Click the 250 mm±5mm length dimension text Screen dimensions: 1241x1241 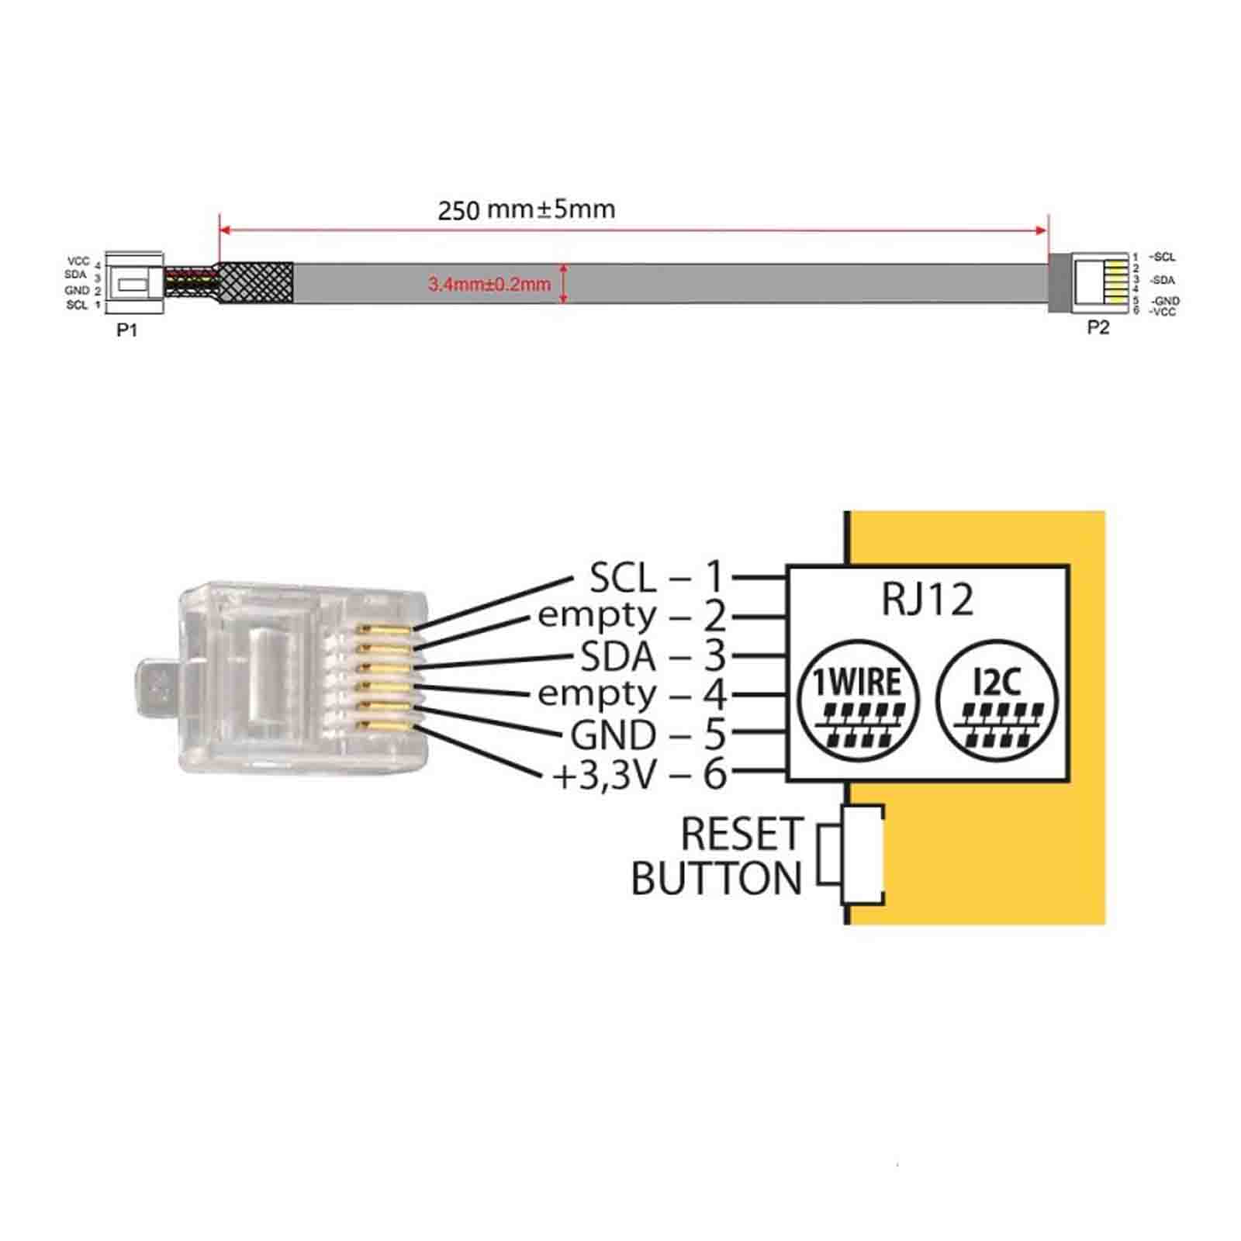click(527, 209)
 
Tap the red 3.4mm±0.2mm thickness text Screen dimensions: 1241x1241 click(489, 284)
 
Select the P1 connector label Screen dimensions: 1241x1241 click(127, 330)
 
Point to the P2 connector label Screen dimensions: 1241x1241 click(1098, 327)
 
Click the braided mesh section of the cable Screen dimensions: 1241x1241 click(256, 283)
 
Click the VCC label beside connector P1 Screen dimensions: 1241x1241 click(78, 261)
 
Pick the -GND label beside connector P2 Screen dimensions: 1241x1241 click(1165, 301)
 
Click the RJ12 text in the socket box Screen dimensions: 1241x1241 click(928, 600)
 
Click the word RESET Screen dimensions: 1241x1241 click(741, 835)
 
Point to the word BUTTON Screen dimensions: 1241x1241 click(717, 879)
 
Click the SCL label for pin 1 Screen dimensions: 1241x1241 click(623, 577)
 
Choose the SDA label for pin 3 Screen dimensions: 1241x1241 click(618, 657)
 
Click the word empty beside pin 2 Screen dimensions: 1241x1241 click(597, 617)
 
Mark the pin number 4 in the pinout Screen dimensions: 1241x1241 click(714, 695)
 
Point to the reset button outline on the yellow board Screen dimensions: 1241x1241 click(852, 855)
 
